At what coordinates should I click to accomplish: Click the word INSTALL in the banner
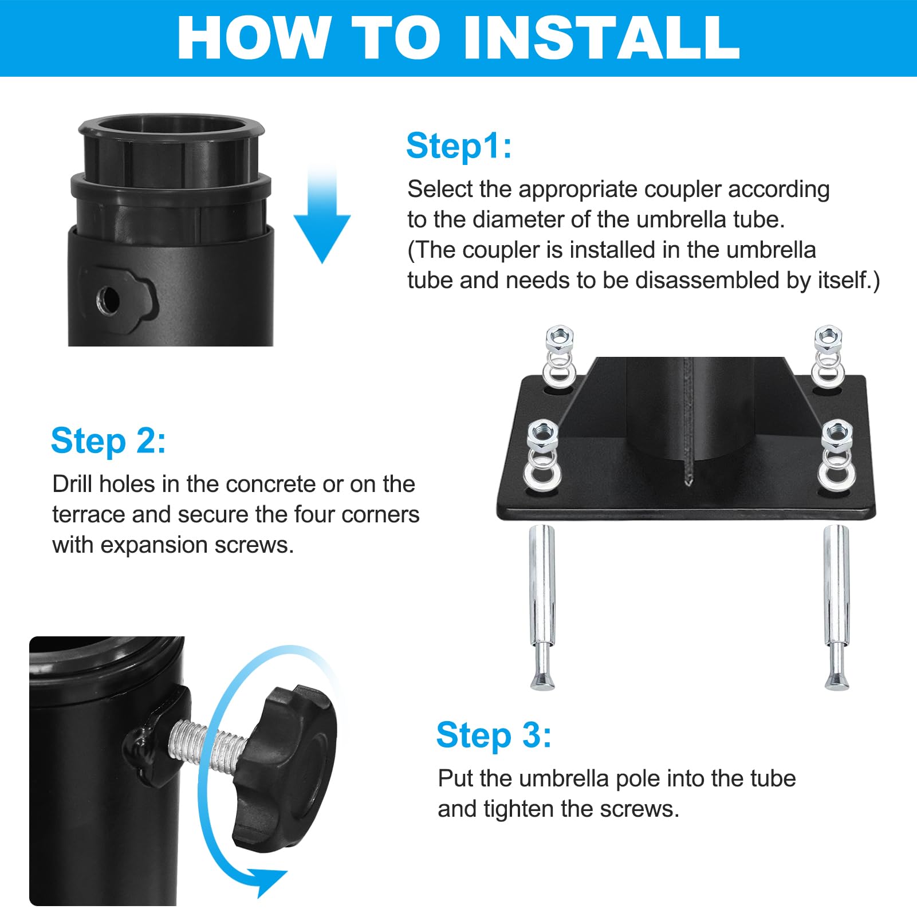pos(601,37)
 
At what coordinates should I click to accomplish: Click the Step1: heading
pos(459,145)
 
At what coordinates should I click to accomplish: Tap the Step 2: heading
pos(108,440)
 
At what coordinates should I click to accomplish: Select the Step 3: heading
pos(494,735)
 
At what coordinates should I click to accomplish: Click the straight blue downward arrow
pos(322,215)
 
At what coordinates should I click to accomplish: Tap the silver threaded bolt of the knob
pos(209,743)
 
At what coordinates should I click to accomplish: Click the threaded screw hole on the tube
pos(108,298)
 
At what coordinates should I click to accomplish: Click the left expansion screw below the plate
pos(542,607)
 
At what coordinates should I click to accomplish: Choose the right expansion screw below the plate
pos(837,607)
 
